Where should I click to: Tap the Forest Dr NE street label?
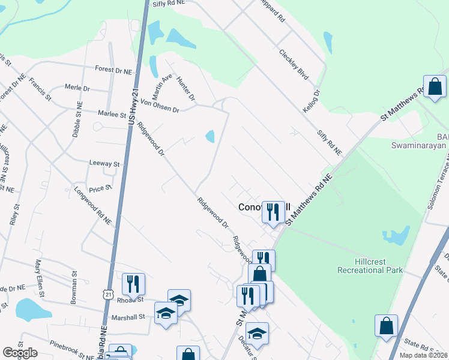pos(113,70)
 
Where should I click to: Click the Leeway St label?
pos(104,163)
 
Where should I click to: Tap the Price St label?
pos(101,188)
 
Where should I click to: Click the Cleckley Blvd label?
pos(294,64)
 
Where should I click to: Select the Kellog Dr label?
pos(312,94)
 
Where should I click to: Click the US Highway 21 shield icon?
pos(108,292)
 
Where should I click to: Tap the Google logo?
pos(20,353)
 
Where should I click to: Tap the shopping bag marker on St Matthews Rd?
pos(435,87)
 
